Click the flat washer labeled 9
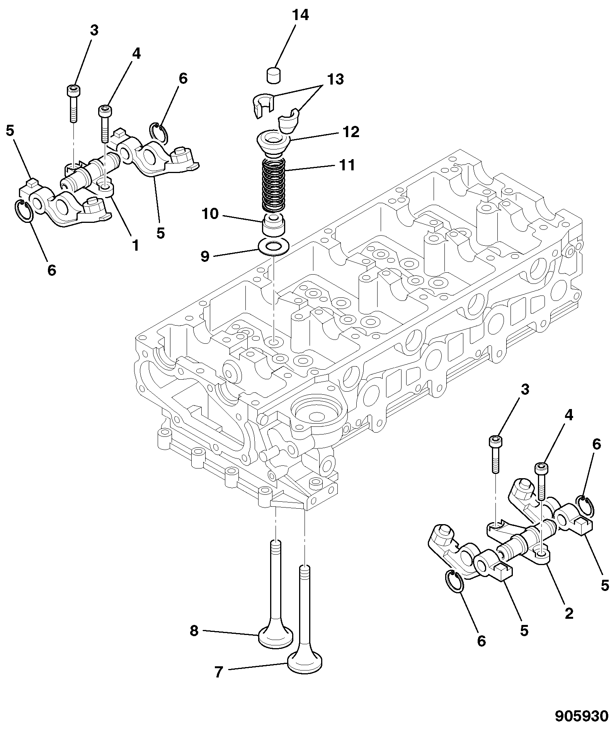273,247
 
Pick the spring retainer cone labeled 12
274,143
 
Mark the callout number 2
569,613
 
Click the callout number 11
347,165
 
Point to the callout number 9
205,256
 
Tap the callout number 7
219,672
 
